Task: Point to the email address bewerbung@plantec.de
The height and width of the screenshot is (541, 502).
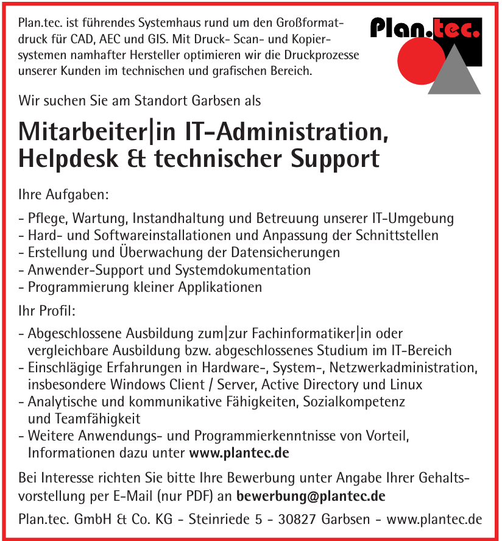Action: [311, 496]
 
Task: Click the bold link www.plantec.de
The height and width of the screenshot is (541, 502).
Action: [239, 453]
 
